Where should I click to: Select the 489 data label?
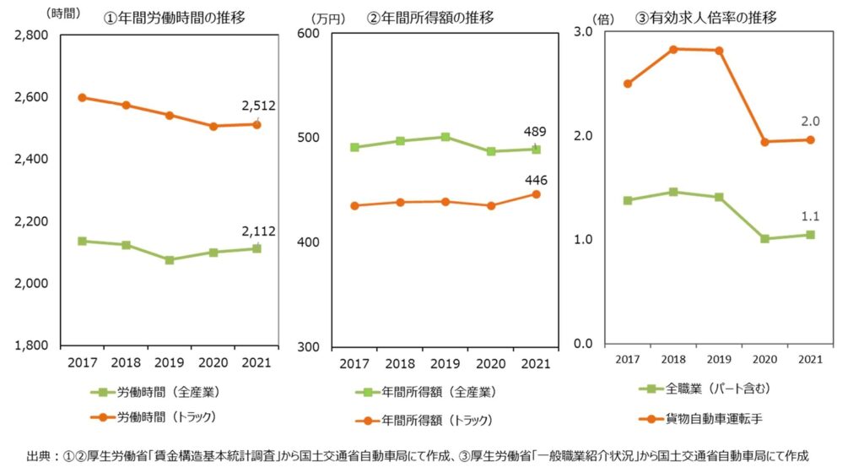535,132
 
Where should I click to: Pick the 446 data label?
535,180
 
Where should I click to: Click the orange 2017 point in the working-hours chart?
82,97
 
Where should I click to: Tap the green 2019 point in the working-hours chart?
170,260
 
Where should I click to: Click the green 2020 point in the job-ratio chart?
764,239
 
